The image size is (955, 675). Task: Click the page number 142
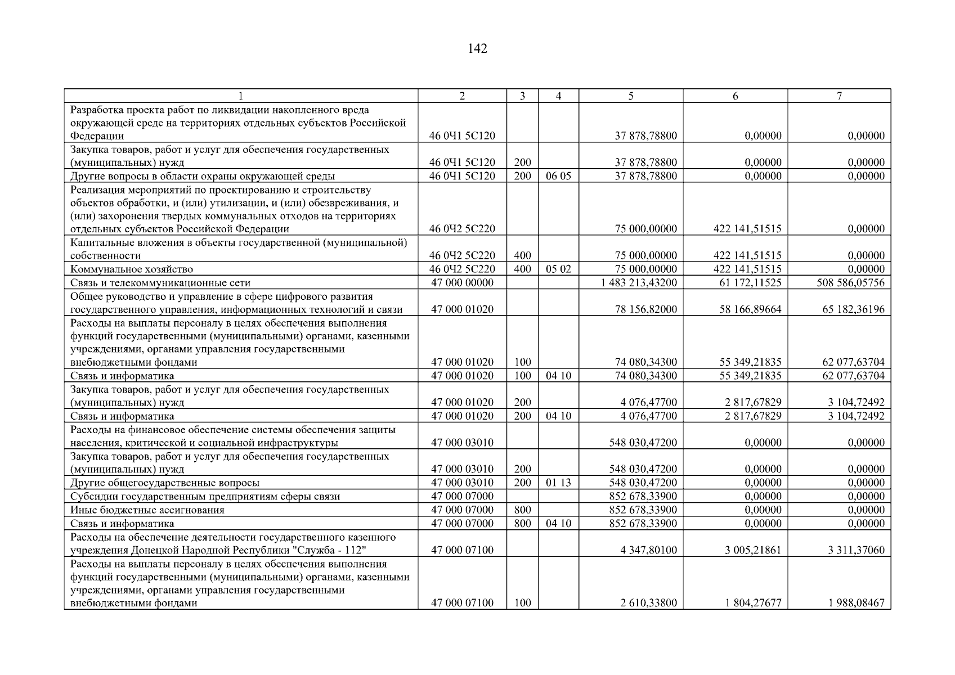pyautogui.click(x=477, y=49)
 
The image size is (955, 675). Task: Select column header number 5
pyautogui.click(x=631, y=96)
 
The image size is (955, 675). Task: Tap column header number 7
pyautogui.click(x=839, y=96)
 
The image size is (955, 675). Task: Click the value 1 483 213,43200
pyautogui.click(x=639, y=283)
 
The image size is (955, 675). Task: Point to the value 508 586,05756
pyautogui.click(x=850, y=283)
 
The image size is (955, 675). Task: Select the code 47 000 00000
pyautogui.click(x=462, y=283)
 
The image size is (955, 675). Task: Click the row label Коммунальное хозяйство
pyautogui.click(x=132, y=269)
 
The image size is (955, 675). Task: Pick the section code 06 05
pyautogui.click(x=558, y=176)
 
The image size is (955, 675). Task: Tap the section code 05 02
pyautogui.click(x=558, y=269)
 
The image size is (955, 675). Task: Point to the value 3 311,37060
pyautogui.click(x=856, y=550)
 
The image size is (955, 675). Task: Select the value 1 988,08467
pyautogui.click(x=856, y=603)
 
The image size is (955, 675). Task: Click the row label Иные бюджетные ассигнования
pyautogui.click(x=147, y=510)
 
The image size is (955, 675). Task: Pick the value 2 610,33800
pyautogui.click(x=648, y=603)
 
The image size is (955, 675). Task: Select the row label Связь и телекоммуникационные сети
pyautogui.click(x=160, y=283)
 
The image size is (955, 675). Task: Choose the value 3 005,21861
pyautogui.click(x=752, y=550)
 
